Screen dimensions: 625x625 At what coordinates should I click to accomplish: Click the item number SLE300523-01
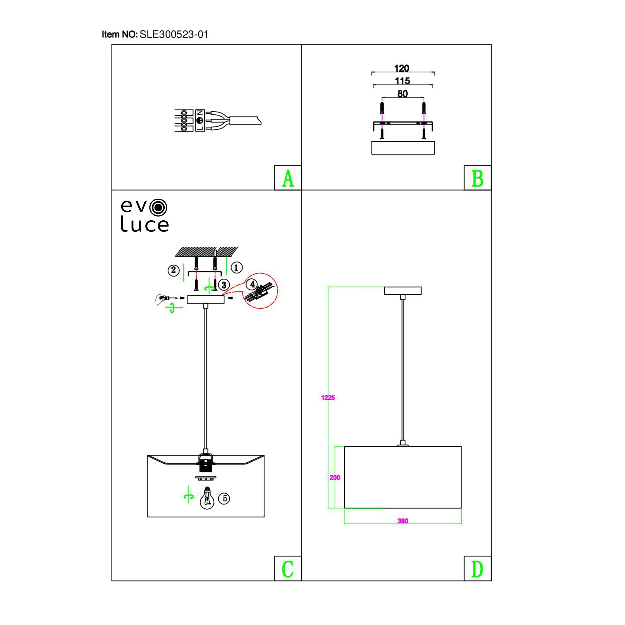coord(173,35)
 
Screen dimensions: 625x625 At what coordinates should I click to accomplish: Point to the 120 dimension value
coord(402,68)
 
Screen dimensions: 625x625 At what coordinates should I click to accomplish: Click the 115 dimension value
coord(402,81)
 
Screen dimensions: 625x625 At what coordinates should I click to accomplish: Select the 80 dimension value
coord(402,94)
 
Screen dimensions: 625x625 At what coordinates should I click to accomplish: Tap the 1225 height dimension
coord(328,398)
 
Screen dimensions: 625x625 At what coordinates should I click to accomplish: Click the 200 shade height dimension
coord(335,477)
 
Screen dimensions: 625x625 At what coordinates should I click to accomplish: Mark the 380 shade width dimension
coord(403,521)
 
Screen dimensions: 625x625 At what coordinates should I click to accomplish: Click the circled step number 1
coord(237,267)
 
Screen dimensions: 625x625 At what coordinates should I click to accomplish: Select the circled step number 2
coord(174,270)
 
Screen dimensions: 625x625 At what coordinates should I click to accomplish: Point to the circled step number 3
coord(224,285)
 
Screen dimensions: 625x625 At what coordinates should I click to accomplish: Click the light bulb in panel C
coord(207,499)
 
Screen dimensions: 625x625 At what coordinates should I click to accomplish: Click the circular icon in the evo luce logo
coord(158,208)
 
